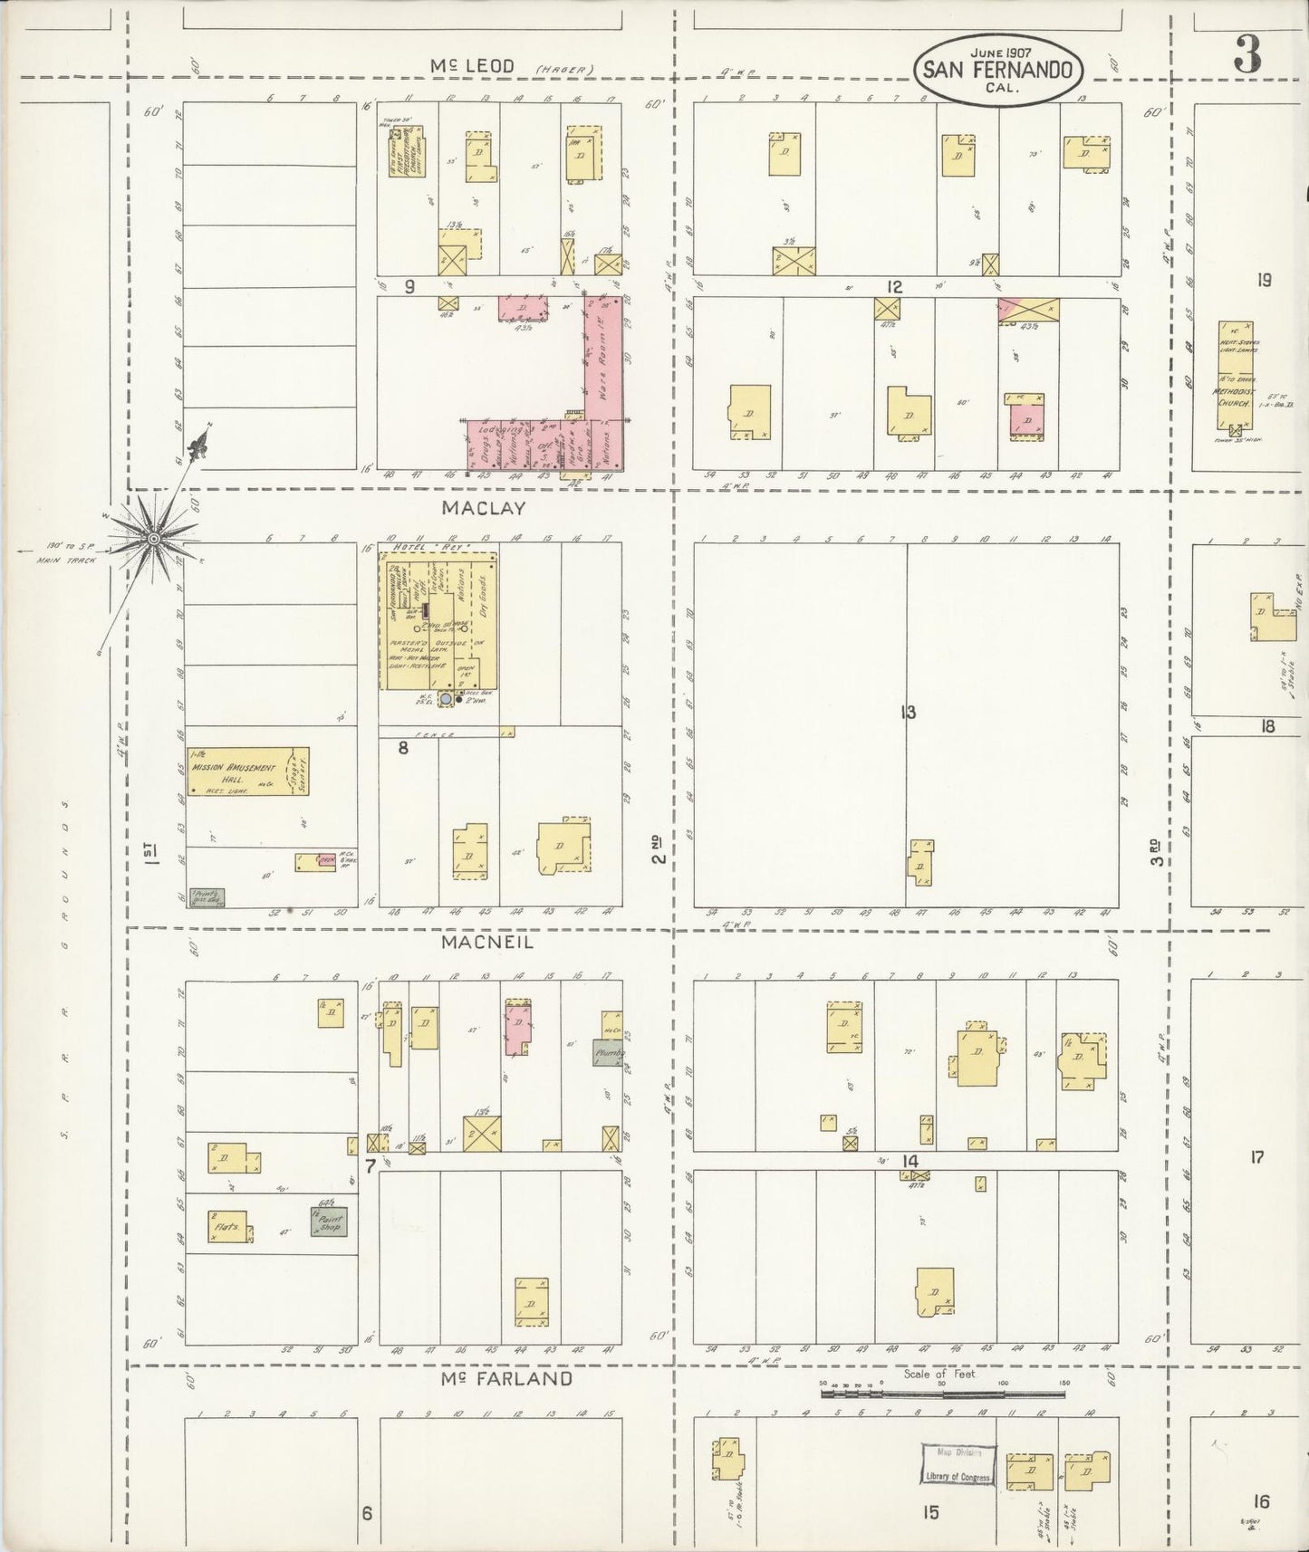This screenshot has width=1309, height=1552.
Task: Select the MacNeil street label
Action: tap(486, 943)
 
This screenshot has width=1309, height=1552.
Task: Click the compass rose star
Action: tap(154, 539)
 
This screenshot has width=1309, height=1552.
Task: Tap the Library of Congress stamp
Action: tap(958, 1465)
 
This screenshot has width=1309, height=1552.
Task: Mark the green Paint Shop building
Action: tap(327, 1222)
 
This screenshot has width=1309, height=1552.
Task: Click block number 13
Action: tap(908, 713)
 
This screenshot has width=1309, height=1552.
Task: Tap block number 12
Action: tap(894, 287)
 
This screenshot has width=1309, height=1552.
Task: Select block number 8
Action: tap(403, 748)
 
